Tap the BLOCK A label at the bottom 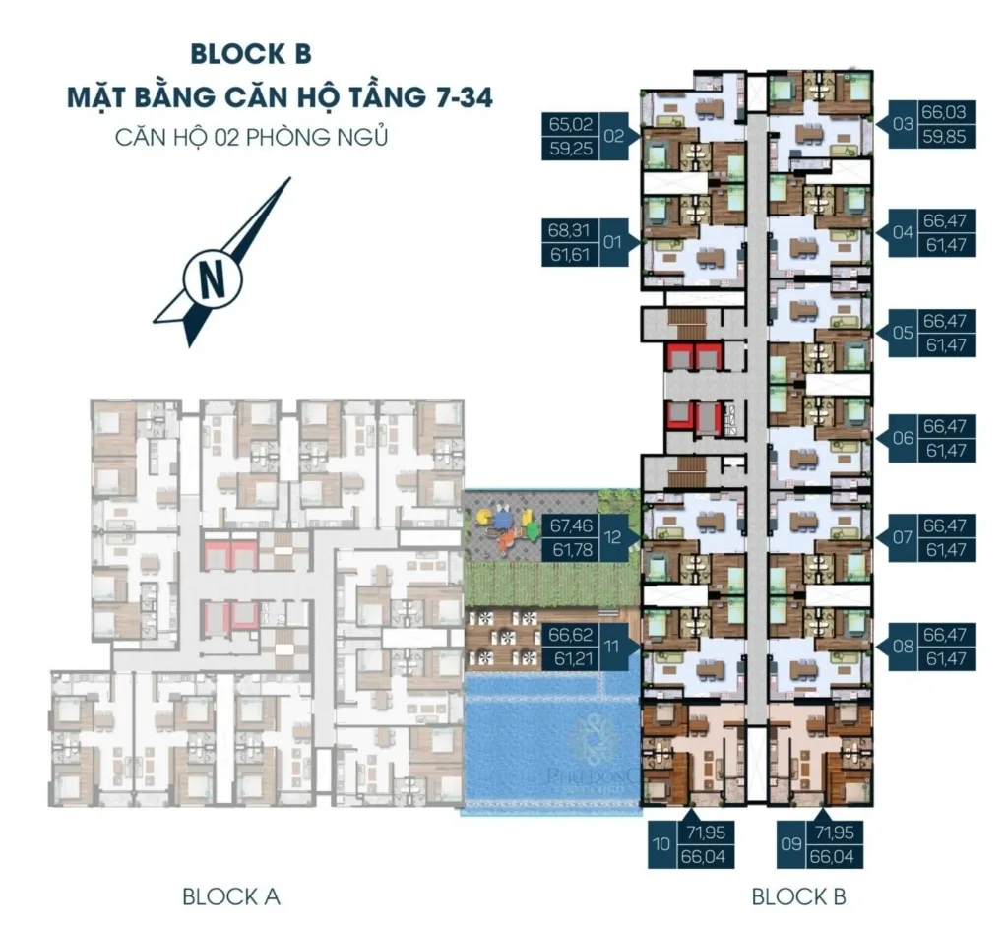(231, 896)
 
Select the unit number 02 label (614, 137)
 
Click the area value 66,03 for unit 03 (947, 113)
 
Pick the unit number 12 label (614, 537)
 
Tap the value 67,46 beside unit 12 (572, 526)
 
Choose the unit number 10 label (661, 843)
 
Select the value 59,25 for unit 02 (572, 150)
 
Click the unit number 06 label (904, 438)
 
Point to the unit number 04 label (904, 233)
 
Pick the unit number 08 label (904, 647)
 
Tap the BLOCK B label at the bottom (798, 896)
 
